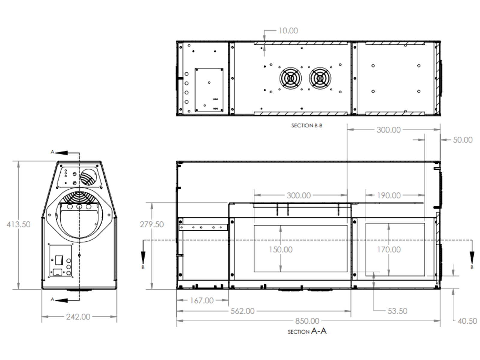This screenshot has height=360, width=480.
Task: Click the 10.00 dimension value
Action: click(x=288, y=31)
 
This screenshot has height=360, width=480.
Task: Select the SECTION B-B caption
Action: click(x=307, y=126)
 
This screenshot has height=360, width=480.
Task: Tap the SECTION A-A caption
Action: click(x=307, y=331)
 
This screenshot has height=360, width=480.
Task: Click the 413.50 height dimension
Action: click(x=19, y=224)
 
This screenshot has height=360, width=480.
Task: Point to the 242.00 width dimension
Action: click(x=78, y=317)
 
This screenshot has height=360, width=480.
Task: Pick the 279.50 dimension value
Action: click(x=152, y=224)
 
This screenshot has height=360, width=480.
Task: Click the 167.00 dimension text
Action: click(x=202, y=300)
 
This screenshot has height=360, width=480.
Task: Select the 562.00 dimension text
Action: click(x=242, y=311)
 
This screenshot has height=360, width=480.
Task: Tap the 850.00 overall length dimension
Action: click(x=307, y=321)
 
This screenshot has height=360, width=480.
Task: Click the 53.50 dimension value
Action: click(x=397, y=311)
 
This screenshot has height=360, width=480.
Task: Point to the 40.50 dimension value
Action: click(x=467, y=321)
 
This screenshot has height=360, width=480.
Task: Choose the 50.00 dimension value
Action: click(x=462, y=140)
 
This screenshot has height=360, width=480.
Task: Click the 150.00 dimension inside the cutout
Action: click(x=280, y=250)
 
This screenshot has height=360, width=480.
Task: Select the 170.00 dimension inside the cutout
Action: click(x=389, y=250)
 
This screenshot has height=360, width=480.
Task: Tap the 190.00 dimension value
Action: click(x=389, y=196)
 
